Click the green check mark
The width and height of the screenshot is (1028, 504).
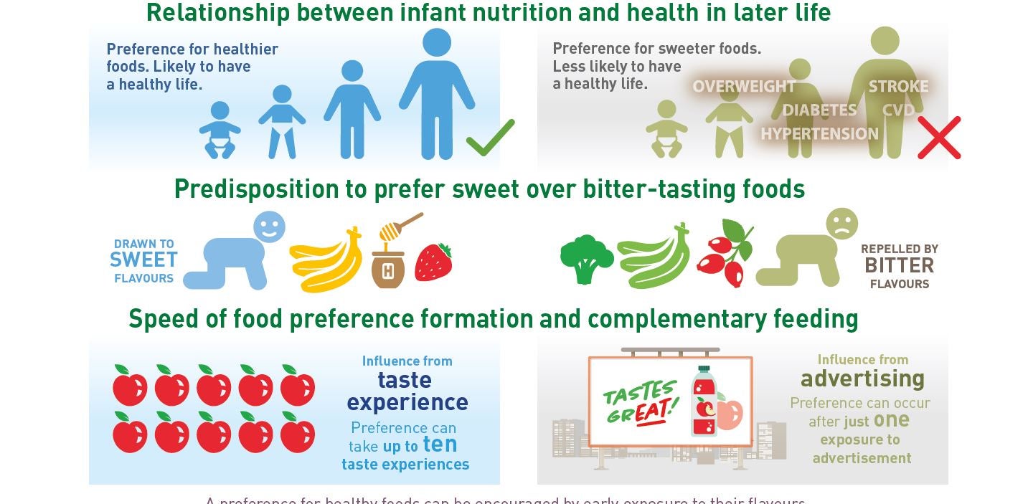tap(490, 138)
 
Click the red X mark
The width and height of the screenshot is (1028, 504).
tap(938, 138)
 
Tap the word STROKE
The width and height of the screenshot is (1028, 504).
tap(898, 87)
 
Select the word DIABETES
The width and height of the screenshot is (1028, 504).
tap(819, 110)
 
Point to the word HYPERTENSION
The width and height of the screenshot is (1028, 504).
tap(819, 134)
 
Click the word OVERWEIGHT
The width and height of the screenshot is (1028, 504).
tap(744, 87)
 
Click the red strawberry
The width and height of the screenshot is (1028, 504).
tap(433, 262)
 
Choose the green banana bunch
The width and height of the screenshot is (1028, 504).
tap(654, 257)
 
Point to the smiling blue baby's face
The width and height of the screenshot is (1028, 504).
tap(269, 227)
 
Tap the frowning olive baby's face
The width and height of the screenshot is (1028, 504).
tap(841, 223)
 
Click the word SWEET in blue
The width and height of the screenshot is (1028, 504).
tap(143, 260)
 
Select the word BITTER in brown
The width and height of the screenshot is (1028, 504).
tap(899, 266)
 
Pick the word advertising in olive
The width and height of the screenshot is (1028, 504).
tap(862, 379)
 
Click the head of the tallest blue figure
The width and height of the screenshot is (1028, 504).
tap(437, 42)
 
